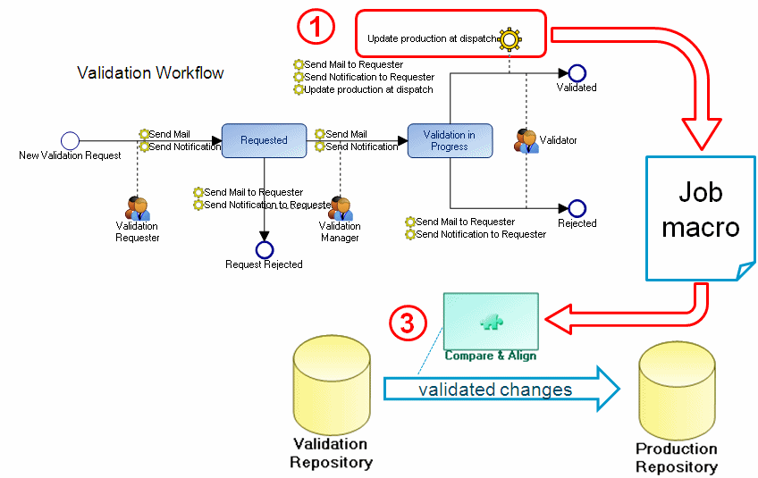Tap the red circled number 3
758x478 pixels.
pos(407,322)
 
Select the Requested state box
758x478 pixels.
pos(264,140)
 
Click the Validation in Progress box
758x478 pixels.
pos(449,140)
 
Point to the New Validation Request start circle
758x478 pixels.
pos(70,140)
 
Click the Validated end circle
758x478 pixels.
pos(577,73)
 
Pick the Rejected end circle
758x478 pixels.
pos(577,208)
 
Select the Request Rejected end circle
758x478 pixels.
pos(264,250)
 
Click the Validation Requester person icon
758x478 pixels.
pos(137,208)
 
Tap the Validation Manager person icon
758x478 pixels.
pos(340,208)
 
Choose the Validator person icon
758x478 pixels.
pos(526,140)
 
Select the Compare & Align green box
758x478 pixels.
pos(490,322)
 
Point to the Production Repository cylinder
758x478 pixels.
pos(676,393)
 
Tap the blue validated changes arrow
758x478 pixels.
pos(501,390)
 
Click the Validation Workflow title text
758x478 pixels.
pos(150,72)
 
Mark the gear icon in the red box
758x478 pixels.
pos(510,38)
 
